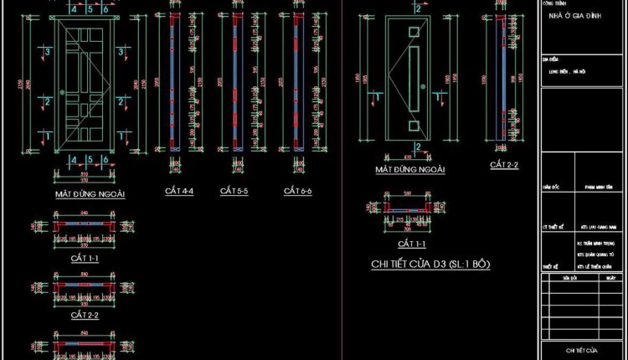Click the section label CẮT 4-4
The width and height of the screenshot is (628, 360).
coord(179,192)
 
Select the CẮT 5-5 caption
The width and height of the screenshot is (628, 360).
coord(235,192)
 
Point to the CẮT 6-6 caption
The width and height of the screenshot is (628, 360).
coord(297,192)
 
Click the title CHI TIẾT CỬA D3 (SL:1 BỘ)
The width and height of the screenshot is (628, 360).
coord(430,265)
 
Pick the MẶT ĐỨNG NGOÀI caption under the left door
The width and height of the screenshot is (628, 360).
coord(90,194)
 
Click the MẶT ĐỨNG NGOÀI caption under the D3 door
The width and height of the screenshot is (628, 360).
coord(409,170)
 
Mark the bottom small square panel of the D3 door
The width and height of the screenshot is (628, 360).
coord(413,126)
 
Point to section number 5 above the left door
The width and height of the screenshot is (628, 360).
coord(89,9)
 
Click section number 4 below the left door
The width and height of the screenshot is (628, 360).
coord(74,159)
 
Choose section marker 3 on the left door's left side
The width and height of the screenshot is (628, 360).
coord(48,52)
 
